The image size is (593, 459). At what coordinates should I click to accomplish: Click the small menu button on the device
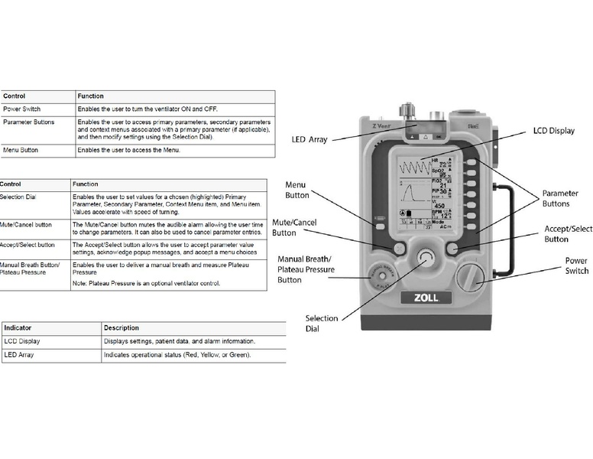point(379,226)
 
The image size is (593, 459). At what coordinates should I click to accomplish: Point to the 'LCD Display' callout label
point(553,131)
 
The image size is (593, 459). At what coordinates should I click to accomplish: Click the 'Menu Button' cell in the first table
point(21,150)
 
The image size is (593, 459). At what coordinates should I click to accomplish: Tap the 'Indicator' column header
point(18,327)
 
